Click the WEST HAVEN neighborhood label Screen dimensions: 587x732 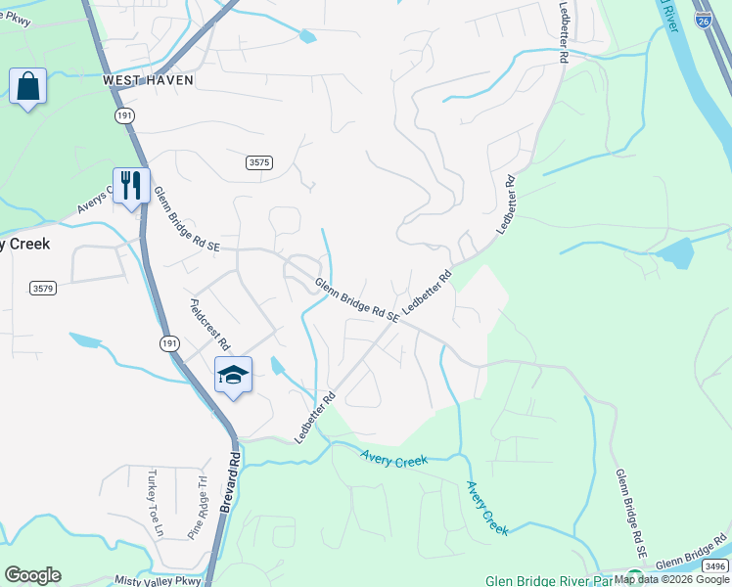148,80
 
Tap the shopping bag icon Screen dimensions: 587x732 27,86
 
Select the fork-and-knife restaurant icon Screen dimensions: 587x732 130,185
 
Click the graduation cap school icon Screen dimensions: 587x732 234,375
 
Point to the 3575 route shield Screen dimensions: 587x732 259,162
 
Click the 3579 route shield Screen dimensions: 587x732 42,288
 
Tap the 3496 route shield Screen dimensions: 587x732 715,565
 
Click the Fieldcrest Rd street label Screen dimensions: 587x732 209,325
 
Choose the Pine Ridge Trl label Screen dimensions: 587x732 199,508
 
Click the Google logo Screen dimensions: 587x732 32,575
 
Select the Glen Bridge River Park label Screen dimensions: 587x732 549,578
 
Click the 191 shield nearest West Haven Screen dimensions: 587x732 124,114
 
